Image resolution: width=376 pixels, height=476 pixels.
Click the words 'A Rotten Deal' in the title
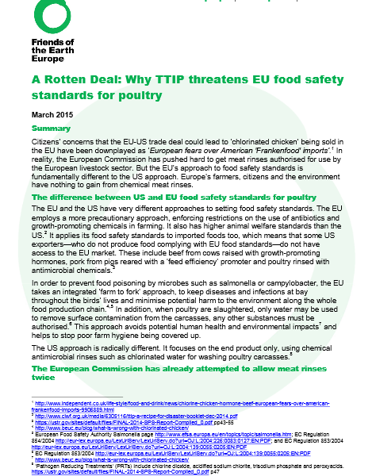click(64, 81)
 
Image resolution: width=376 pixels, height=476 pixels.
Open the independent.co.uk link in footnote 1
click(182, 405)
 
